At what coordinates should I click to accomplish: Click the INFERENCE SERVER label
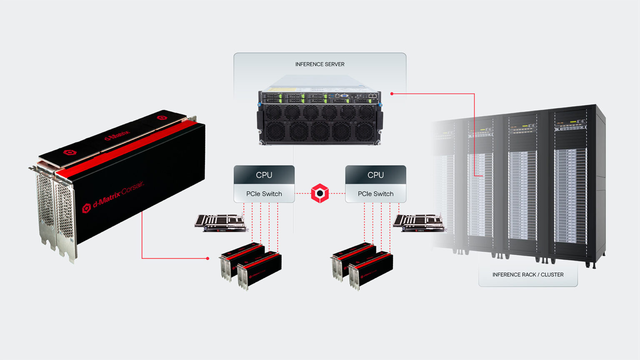(x=320, y=64)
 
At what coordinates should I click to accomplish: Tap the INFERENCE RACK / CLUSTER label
(x=527, y=275)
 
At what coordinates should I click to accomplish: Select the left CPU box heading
(x=264, y=175)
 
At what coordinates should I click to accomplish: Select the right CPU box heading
(x=375, y=175)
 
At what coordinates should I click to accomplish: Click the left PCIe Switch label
(x=264, y=194)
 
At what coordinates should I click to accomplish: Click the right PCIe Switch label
(x=375, y=194)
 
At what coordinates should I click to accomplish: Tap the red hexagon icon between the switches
(x=320, y=193)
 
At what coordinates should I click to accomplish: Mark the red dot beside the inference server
(x=392, y=94)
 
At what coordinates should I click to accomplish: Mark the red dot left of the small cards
(x=207, y=258)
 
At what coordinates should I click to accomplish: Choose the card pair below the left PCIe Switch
(x=251, y=265)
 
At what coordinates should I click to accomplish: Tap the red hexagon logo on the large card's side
(x=87, y=207)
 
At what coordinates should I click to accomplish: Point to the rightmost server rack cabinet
(x=575, y=183)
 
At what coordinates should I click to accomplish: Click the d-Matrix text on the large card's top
(x=117, y=136)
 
